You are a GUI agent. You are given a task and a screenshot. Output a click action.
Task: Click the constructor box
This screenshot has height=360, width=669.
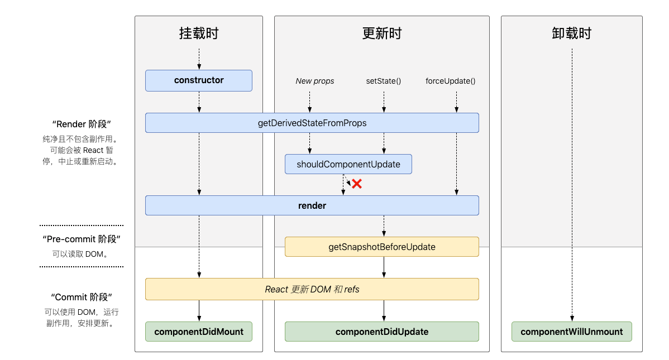pyautogui.click(x=199, y=80)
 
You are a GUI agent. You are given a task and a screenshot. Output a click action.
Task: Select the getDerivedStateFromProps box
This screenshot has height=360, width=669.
pyautogui.click(x=312, y=123)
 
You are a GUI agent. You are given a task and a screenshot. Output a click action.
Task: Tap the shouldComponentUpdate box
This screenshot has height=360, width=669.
pyautogui.click(x=348, y=164)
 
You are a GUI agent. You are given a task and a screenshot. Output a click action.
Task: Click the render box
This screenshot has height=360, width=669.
pyautogui.click(x=312, y=205)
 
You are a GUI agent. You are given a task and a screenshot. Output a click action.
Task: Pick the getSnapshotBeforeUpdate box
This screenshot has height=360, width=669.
pyautogui.click(x=382, y=247)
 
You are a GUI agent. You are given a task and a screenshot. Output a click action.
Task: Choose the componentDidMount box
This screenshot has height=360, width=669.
pyautogui.click(x=199, y=332)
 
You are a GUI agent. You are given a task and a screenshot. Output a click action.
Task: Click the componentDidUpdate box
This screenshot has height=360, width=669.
pyautogui.click(x=382, y=332)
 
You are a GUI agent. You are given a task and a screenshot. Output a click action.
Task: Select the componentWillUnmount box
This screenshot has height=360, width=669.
pyautogui.click(x=572, y=332)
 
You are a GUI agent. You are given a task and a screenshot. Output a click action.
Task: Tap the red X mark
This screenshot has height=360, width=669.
pyautogui.click(x=357, y=184)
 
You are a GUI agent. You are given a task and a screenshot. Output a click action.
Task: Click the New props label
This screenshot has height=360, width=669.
pyautogui.click(x=315, y=81)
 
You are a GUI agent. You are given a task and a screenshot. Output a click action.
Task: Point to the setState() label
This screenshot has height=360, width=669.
pyautogui.click(x=384, y=81)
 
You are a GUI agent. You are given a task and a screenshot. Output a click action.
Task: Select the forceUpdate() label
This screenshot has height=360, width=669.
pyautogui.click(x=450, y=81)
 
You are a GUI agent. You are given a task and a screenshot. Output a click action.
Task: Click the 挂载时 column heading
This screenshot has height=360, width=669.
pyautogui.click(x=199, y=33)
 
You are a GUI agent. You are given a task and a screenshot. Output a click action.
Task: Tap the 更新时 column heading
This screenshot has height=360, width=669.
pyautogui.click(x=382, y=33)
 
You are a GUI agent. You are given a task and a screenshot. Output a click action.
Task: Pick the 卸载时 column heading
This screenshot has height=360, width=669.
pyautogui.click(x=572, y=33)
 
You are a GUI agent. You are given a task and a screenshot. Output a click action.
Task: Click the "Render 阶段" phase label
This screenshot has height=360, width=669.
pyautogui.click(x=82, y=124)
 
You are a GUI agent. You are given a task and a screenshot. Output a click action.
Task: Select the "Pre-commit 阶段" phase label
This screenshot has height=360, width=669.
pyautogui.click(x=82, y=239)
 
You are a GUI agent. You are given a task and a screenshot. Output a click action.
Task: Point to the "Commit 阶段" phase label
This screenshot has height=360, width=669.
pyautogui.click(x=82, y=297)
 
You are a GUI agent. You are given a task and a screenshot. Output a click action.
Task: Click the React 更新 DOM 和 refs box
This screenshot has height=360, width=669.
pyautogui.click(x=312, y=289)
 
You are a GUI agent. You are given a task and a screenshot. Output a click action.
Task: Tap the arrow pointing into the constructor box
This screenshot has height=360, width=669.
pyautogui.click(x=199, y=59)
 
